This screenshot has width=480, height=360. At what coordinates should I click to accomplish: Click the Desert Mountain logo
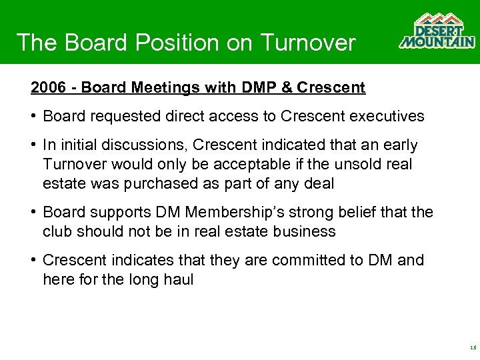(437, 31)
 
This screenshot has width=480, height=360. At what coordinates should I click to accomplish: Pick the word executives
(385, 116)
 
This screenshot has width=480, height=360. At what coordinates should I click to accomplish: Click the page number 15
(473, 347)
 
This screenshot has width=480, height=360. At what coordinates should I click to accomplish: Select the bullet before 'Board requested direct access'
(33, 117)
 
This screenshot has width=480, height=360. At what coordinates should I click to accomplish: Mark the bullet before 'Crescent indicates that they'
(33, 261)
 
